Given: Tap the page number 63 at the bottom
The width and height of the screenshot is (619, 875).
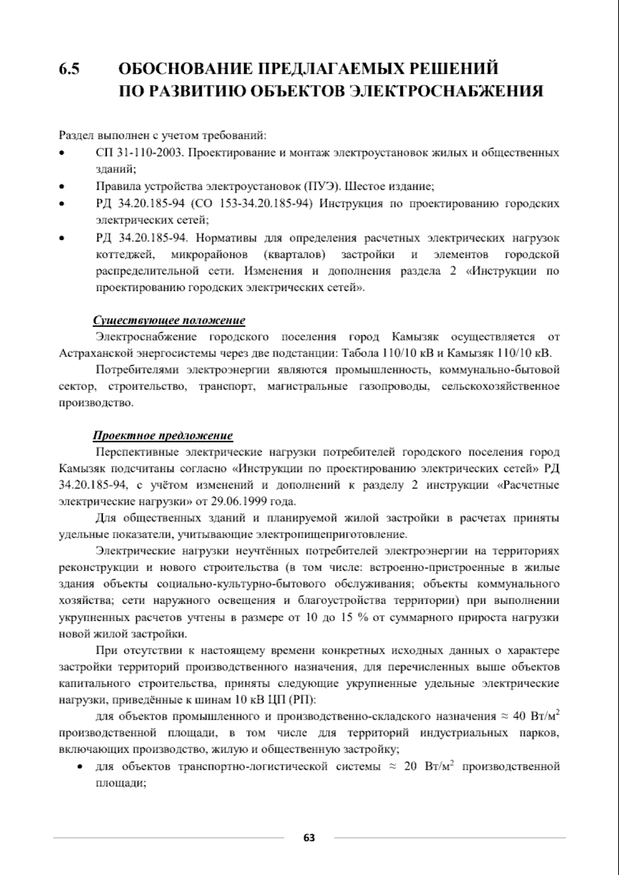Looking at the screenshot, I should pyautogui.click(x=309, y=838).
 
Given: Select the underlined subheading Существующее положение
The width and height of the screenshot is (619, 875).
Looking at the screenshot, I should pyautogui.click(x=169, y=320).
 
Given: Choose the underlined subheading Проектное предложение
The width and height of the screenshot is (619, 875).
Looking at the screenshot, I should pyautogui.click(x=163, y=436).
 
